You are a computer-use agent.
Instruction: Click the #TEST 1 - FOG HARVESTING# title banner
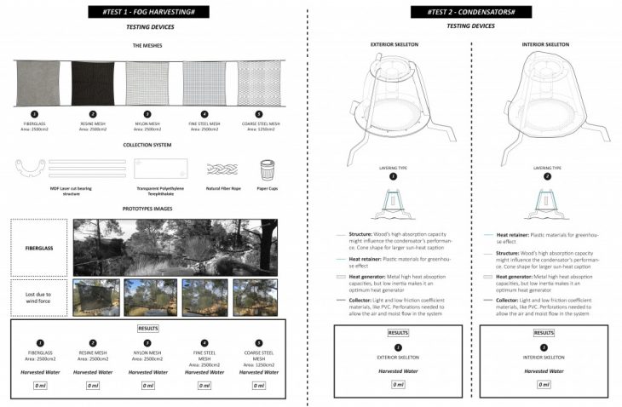(x=145, y=12)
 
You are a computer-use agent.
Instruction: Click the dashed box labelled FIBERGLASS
(x=38, y=243)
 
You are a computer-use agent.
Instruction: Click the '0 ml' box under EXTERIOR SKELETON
(x=398, y=384)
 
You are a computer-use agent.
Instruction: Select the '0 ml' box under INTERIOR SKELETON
(x=544, y=384)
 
